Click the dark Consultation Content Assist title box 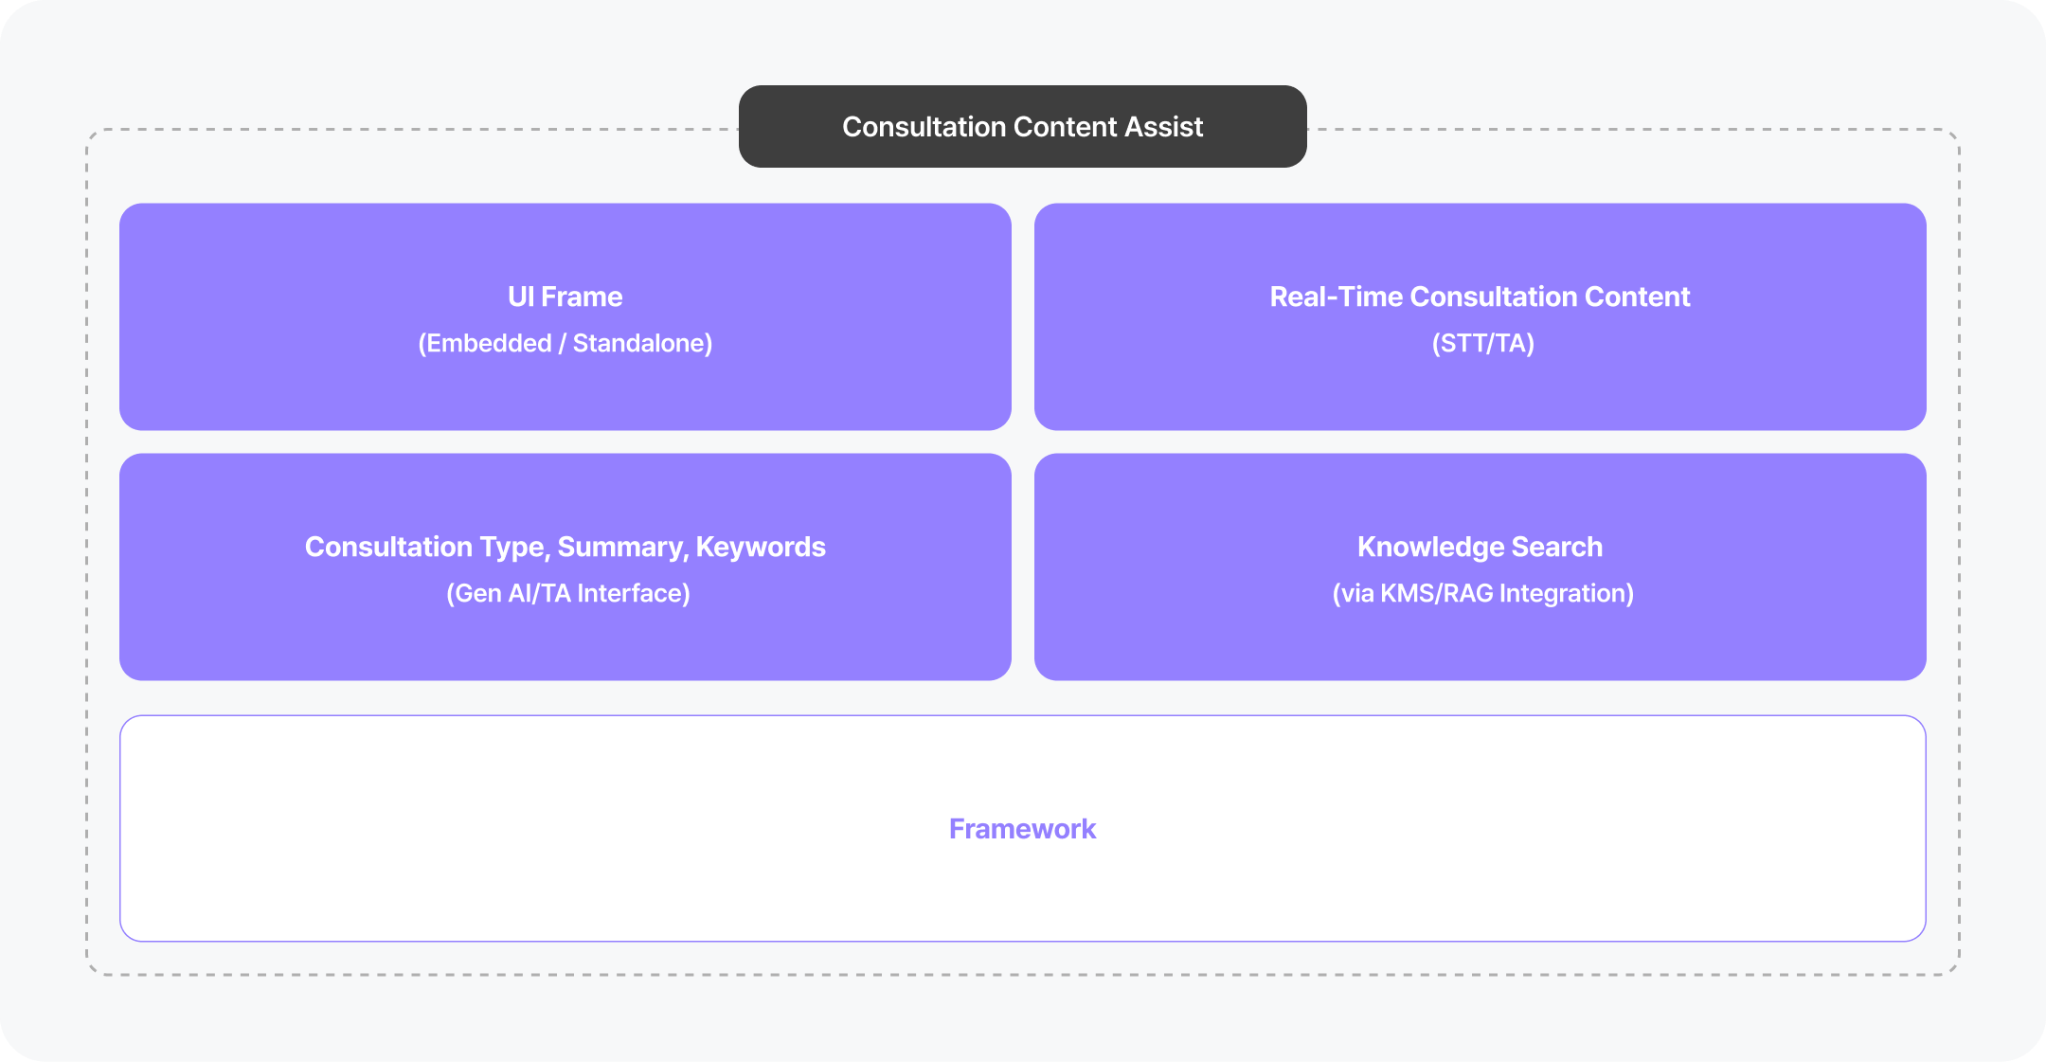point(1022,127)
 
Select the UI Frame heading point(565,297)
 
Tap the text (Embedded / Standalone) point(565,343)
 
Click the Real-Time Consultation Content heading point(1480,297)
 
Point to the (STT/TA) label point(1482,343)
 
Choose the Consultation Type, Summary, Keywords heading point(565,547)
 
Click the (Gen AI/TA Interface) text point(567,593)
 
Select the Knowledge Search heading point(1480,547)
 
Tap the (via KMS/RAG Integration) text point(1482,593)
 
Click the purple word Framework point(1022,829)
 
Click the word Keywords point(761,547)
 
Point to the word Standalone point(642,343)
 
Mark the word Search point(1556,547)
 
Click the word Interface point(633,593)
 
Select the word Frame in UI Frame point(582,297)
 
